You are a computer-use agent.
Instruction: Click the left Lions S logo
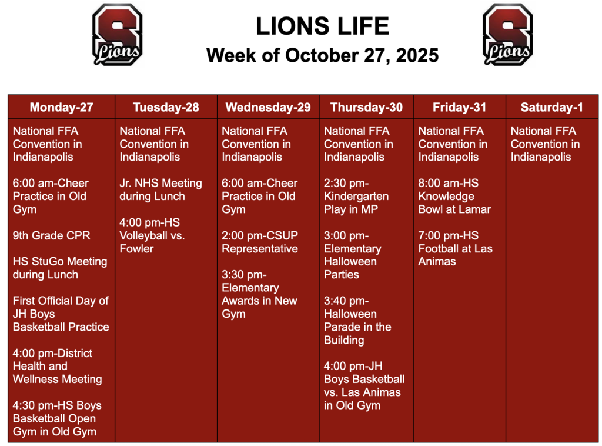117,34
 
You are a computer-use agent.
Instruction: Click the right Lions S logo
507,34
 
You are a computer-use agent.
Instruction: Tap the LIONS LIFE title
322,26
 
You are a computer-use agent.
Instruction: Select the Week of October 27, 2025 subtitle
322,56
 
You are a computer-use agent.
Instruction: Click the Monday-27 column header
61,107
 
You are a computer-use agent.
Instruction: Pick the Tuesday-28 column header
166,107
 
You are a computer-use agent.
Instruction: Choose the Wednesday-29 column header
268,107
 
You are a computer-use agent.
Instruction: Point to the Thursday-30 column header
366,107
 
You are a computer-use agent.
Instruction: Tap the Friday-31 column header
460,107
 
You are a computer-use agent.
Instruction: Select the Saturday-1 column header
551,107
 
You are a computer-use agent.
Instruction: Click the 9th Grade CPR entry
52,235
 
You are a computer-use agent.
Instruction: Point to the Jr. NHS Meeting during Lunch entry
160,189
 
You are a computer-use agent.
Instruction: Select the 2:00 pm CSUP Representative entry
260,242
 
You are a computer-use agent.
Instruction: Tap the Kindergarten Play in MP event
356,196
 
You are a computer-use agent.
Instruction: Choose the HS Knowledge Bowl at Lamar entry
454,196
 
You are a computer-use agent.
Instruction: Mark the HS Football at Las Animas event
455,248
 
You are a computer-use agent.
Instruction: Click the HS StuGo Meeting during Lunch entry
60,268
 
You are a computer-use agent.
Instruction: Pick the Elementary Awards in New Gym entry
259,294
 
